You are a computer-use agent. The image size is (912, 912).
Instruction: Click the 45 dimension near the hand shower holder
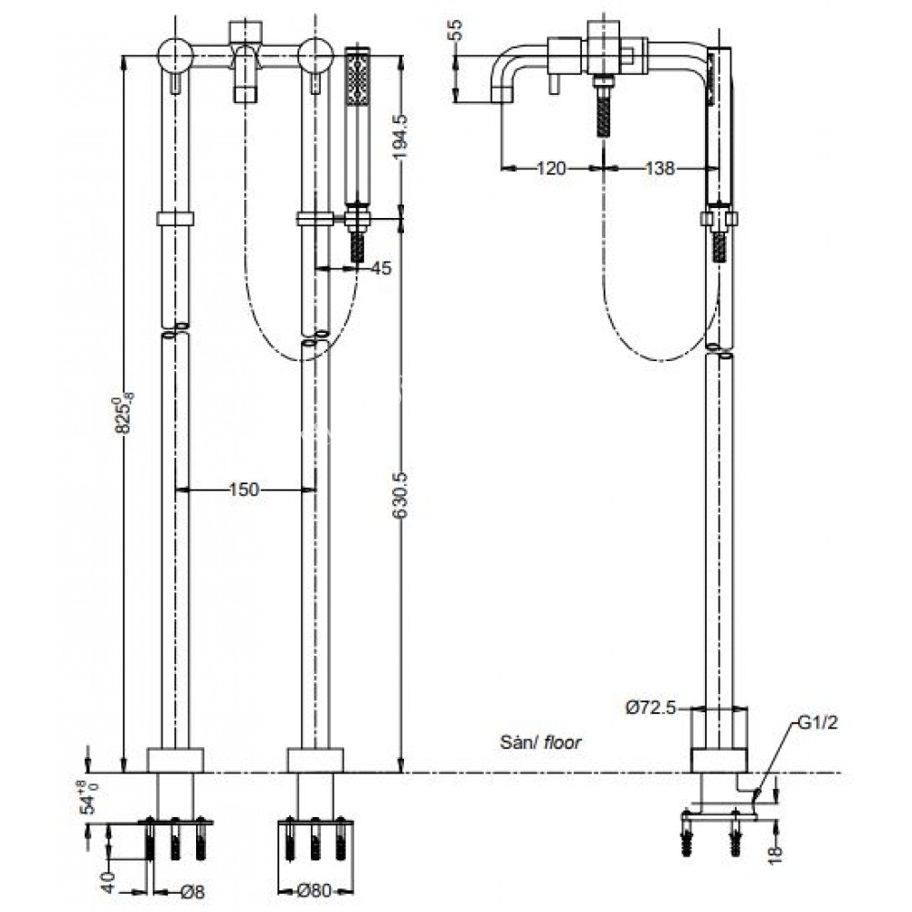(380, 268)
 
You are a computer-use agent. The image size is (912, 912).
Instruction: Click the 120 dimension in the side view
(552, 168)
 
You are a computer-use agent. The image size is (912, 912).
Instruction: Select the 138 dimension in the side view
(658, 168)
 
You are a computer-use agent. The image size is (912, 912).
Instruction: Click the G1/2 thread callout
(818, 725)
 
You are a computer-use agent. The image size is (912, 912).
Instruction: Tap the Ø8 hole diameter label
(189, 892)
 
